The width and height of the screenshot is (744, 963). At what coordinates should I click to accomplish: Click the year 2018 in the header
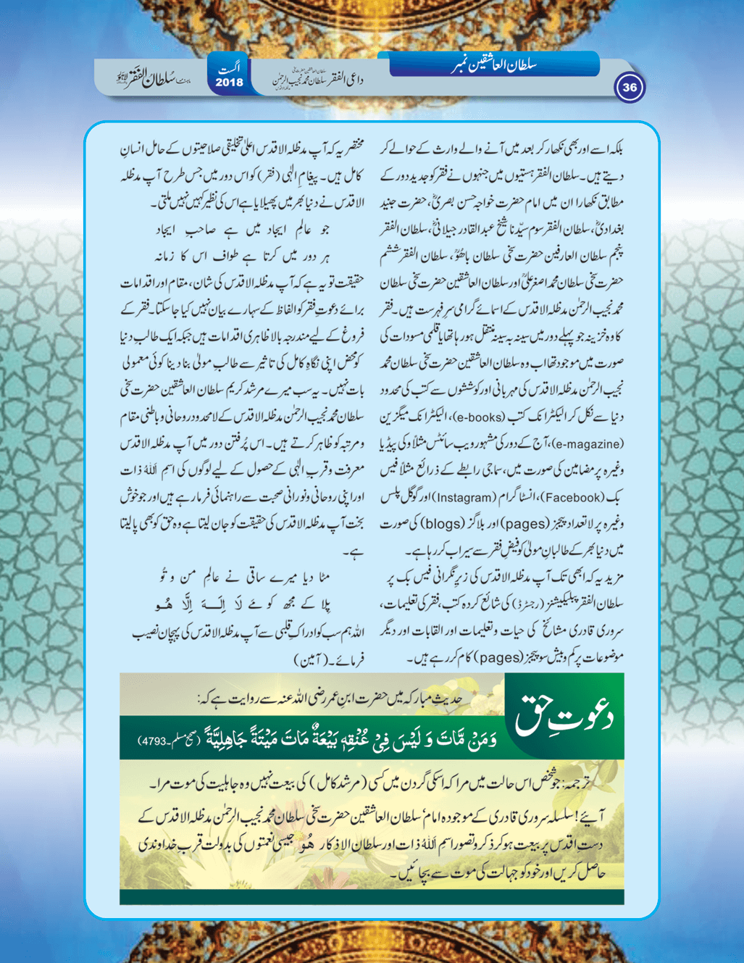tap(230, 83)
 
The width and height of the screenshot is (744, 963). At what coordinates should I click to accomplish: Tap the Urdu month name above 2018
tap(230, 69)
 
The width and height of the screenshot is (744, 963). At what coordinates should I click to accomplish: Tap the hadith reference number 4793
tap(154, 741)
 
